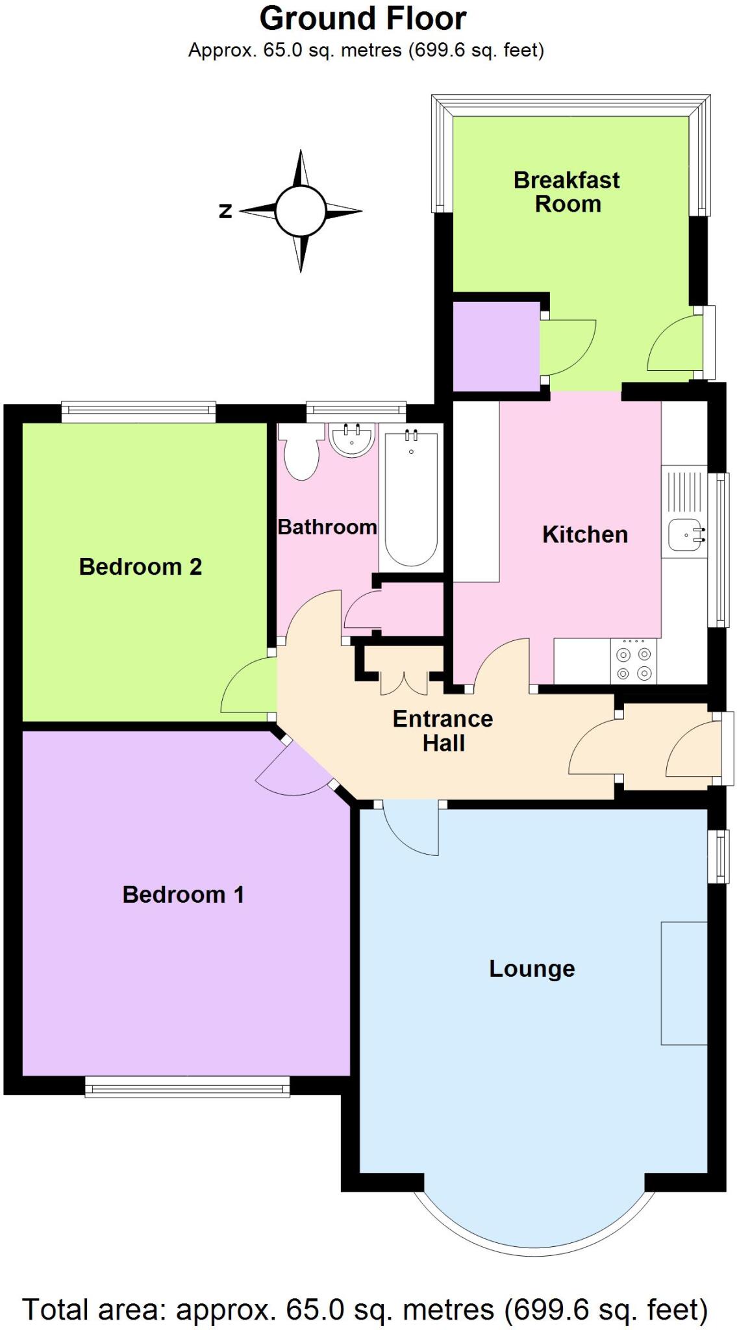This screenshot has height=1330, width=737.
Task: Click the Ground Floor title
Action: coord(362,19)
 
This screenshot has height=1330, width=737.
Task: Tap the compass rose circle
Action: coord(299,210)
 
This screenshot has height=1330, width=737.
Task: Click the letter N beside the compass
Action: coord(225,211)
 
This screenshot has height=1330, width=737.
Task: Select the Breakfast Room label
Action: coord(567,192)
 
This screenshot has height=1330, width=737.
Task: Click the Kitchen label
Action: coord(585,534)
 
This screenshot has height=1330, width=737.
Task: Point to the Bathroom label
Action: coord(327,527)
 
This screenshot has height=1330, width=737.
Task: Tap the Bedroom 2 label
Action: coord(140,566)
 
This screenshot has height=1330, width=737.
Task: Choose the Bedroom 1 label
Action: coord(183,894)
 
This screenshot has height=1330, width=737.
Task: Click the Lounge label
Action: coord(532,968)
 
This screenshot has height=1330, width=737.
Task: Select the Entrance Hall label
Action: coord(443,731)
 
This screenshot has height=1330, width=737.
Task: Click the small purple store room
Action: coord(496,347)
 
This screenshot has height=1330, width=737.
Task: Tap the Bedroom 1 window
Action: coord(187,1086)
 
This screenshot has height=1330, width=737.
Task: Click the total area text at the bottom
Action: coord(365,1309)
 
